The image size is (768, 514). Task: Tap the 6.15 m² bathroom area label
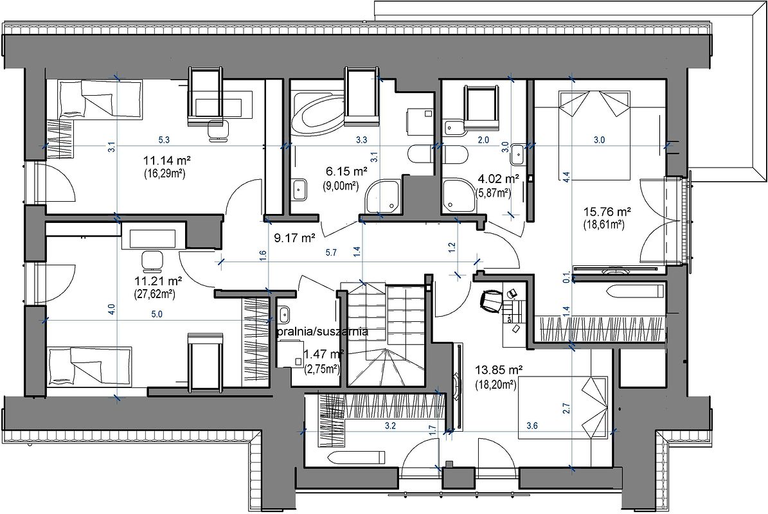click(346, 172)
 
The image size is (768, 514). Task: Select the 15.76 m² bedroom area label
click(607, 213)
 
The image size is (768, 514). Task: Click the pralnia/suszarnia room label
click(322, 332)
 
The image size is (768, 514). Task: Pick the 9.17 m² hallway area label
click(294, 238)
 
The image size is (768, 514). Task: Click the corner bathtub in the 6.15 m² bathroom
click(317, 112)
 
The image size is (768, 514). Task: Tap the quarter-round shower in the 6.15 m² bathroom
click(384, 196)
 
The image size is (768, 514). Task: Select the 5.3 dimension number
click(164, 139)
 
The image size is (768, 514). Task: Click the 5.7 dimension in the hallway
click(331, 253)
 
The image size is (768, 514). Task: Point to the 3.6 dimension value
click(532, 426)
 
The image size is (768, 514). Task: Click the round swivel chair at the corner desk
click(492, 299)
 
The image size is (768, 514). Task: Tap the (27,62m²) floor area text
click(154, 294)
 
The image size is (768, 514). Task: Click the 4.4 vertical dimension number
click(567, 177)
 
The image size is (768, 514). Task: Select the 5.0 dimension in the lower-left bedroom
click(157, 314)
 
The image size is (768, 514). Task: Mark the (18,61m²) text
click(604, 225)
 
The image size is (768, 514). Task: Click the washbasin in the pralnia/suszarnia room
click(284, 313)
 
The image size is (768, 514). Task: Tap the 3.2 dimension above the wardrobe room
click(390, 426)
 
